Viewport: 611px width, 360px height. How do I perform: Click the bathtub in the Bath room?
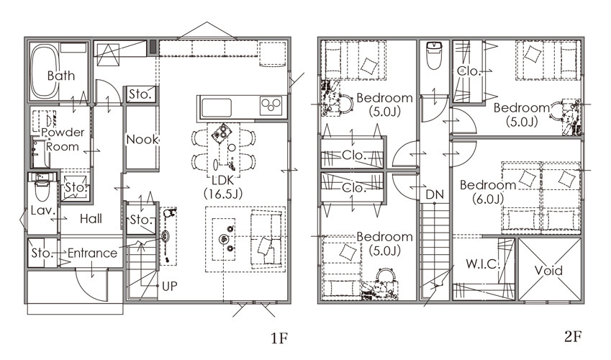[44, 72]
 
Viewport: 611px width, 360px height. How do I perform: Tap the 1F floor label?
[279, 338]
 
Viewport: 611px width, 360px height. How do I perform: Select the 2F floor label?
[573, 336]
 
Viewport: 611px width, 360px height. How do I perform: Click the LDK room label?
[223, 180]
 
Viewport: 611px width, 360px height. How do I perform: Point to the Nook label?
[142, 139]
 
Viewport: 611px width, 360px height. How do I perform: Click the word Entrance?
[92, 253]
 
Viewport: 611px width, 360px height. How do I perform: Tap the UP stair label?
[170, 287]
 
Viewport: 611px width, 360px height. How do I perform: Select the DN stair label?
[435, 194]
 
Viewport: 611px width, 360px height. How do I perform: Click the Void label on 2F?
[548, 270]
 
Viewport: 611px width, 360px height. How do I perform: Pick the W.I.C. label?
[482, 264]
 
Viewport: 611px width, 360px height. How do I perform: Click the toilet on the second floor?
[434, 55]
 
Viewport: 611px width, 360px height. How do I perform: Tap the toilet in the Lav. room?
[42, 188]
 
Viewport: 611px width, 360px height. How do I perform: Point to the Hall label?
[91, 219]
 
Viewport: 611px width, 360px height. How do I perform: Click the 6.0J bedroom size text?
[488, 199]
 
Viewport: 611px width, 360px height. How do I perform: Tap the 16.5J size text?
[223, 194]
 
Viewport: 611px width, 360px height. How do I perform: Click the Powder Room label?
[63, 139]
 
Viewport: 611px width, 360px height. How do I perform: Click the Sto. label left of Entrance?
[42, 253]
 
